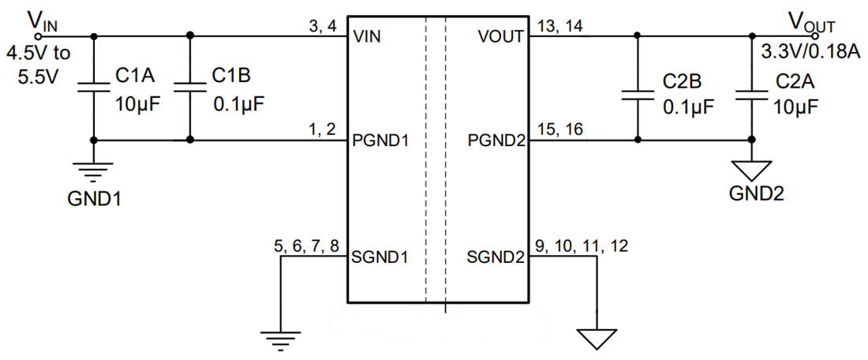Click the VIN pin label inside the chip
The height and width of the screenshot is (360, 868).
pos(369,37)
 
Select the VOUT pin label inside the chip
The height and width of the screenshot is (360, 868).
pos(499,37)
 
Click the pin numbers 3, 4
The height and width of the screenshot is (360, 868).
pos(324,26)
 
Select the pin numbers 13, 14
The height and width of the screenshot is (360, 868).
pos(559,26)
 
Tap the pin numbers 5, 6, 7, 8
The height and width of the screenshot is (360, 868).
pos(307,246)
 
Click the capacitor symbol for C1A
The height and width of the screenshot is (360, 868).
pos(94,88)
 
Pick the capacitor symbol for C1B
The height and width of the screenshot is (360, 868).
pos(189,88)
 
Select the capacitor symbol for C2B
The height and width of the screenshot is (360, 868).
pos(638,96)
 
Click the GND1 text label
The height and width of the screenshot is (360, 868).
pos(94,197)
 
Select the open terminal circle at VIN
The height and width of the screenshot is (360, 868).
pos(39,35)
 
